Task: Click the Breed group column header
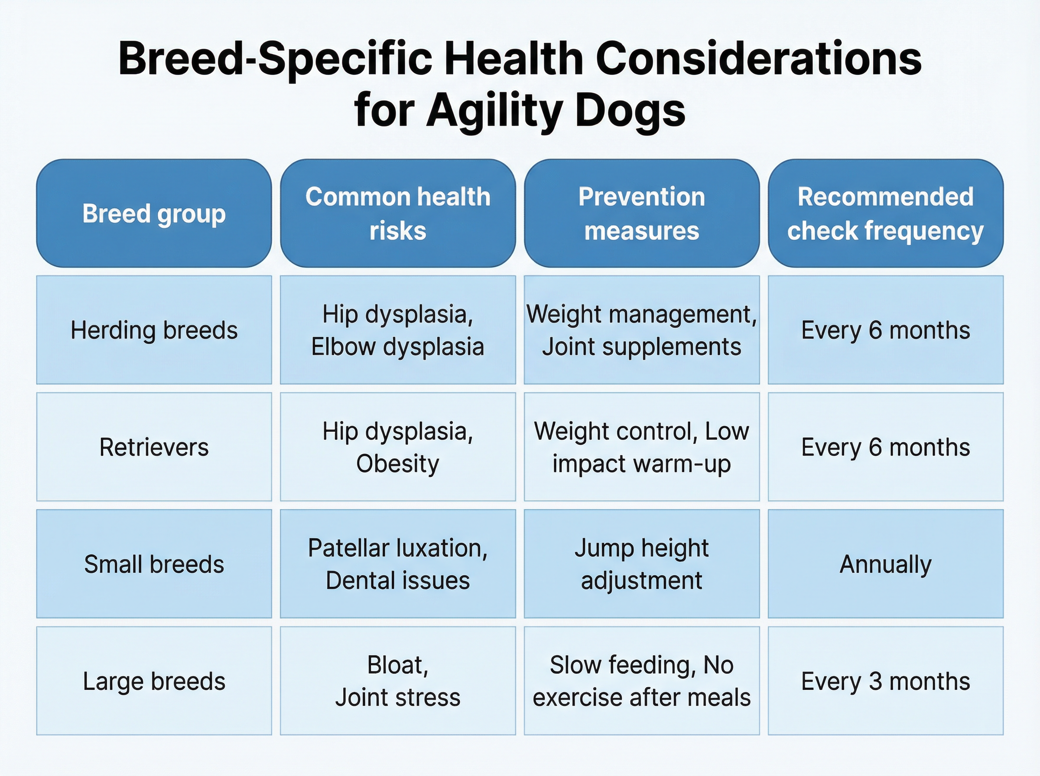154,214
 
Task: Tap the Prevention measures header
641,214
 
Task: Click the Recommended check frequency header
885,214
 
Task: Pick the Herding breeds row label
154,330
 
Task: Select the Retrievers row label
154,447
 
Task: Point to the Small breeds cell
154,564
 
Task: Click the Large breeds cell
154,681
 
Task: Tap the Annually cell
885,564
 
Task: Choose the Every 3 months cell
885,681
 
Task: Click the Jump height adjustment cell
641,564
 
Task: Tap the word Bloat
397,665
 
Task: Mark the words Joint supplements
641,347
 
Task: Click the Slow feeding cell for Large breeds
641,681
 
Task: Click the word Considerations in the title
758,59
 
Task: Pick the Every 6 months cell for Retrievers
885,447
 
